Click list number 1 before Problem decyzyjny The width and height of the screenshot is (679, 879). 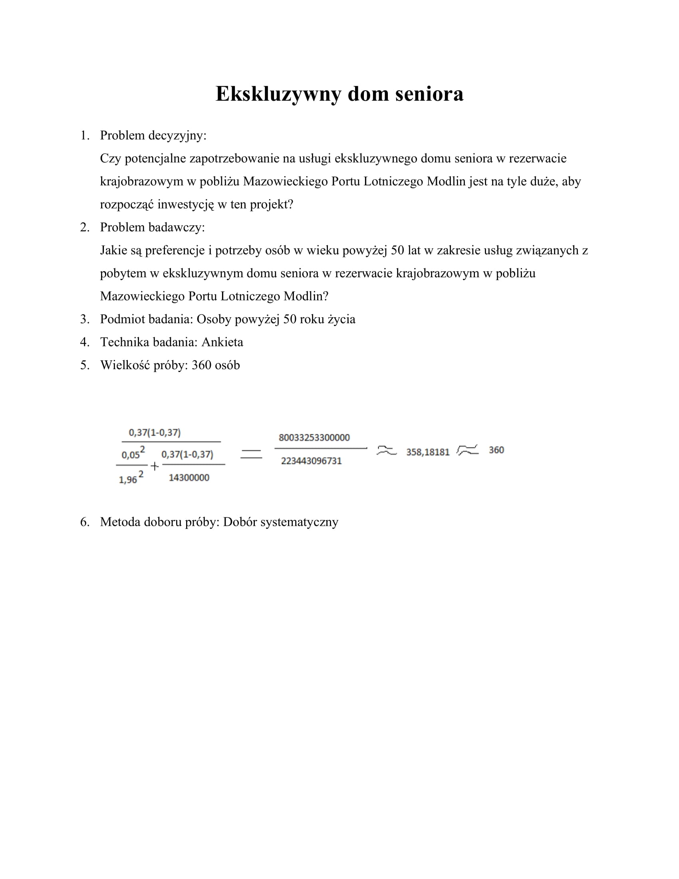[x=84, y=135]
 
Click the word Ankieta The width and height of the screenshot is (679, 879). [x=222, y=342]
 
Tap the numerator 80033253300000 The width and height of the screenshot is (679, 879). [x=314, y=438]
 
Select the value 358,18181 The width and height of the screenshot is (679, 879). [x=428, y=452]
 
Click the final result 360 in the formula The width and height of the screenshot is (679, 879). [x=496, y=450]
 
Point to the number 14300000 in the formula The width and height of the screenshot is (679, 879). [x=189, y=478]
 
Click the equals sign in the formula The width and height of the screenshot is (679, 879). [x=251, y=454]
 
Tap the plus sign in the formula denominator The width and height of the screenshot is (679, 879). [x=155, y=466]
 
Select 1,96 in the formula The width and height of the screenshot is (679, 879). [x=128, y=480]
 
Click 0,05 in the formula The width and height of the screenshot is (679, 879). [x=130, y=455]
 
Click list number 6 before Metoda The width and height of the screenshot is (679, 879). [x=84, y=522]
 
